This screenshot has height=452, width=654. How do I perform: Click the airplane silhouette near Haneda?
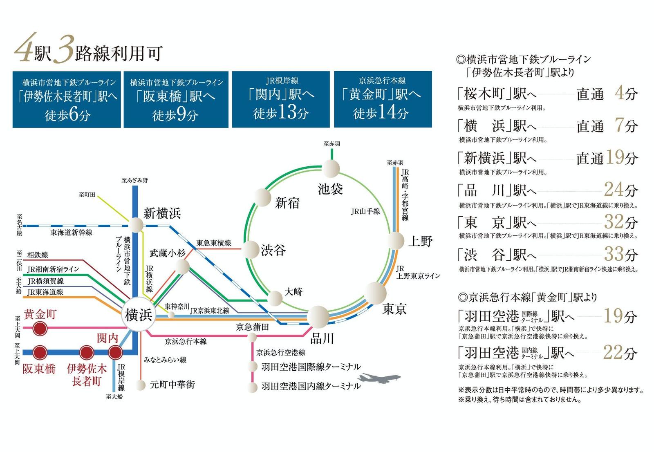(379, 378)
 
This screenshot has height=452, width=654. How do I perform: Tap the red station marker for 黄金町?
(40, 329)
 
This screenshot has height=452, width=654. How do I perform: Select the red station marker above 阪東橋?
(40, 353)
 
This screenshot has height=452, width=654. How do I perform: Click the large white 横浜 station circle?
(139, 314)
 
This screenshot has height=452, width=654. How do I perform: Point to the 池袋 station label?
(330, 189)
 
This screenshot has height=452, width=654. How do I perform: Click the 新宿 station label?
(287, 203)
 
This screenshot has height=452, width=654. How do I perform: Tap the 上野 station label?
(420, 242)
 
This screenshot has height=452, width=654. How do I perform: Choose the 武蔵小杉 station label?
(168, 253)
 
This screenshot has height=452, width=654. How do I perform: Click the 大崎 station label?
(293, 291)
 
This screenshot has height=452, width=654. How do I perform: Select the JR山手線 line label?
(365, 211)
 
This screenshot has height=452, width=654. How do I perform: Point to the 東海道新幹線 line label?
(71, 233)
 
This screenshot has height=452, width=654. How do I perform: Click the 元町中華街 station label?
(172, 385)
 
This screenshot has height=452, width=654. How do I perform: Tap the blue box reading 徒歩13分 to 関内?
(281, 99)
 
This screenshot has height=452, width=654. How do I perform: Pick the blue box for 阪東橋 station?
(176, 99)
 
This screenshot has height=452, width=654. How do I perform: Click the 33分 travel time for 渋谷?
(621, 254)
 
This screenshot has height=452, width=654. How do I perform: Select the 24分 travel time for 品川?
(621, 190)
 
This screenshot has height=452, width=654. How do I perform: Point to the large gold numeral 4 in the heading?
(26, 47)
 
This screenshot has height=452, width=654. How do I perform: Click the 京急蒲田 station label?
(252, 327)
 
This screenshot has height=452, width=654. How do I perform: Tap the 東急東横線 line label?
(214, 243)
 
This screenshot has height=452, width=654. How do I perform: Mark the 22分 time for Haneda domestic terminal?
(620, 353)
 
